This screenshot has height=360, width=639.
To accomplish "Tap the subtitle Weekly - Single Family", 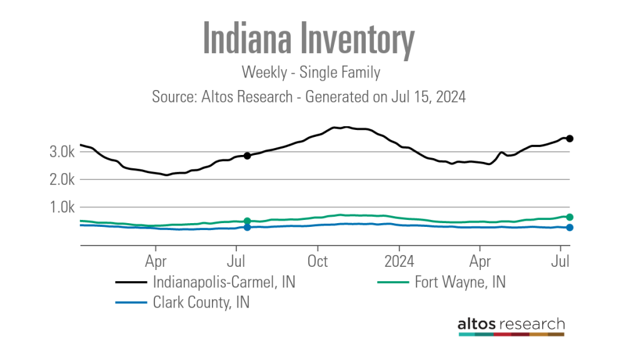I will pos(311,72).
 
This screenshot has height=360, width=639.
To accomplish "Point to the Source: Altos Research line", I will pos(309,97).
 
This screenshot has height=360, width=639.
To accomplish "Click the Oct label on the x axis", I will pos(318,260).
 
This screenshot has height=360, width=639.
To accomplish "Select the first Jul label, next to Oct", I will pos(236,260).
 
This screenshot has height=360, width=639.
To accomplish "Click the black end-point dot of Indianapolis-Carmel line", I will pos(570,139).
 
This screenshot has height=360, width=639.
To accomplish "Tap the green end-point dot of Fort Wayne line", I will pos(570,217).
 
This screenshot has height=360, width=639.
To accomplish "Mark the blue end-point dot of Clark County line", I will pos(570,227).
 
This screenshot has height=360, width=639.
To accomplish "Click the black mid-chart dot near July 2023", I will pos(248,156).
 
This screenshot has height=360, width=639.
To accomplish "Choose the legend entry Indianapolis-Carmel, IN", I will pos(224,282).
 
